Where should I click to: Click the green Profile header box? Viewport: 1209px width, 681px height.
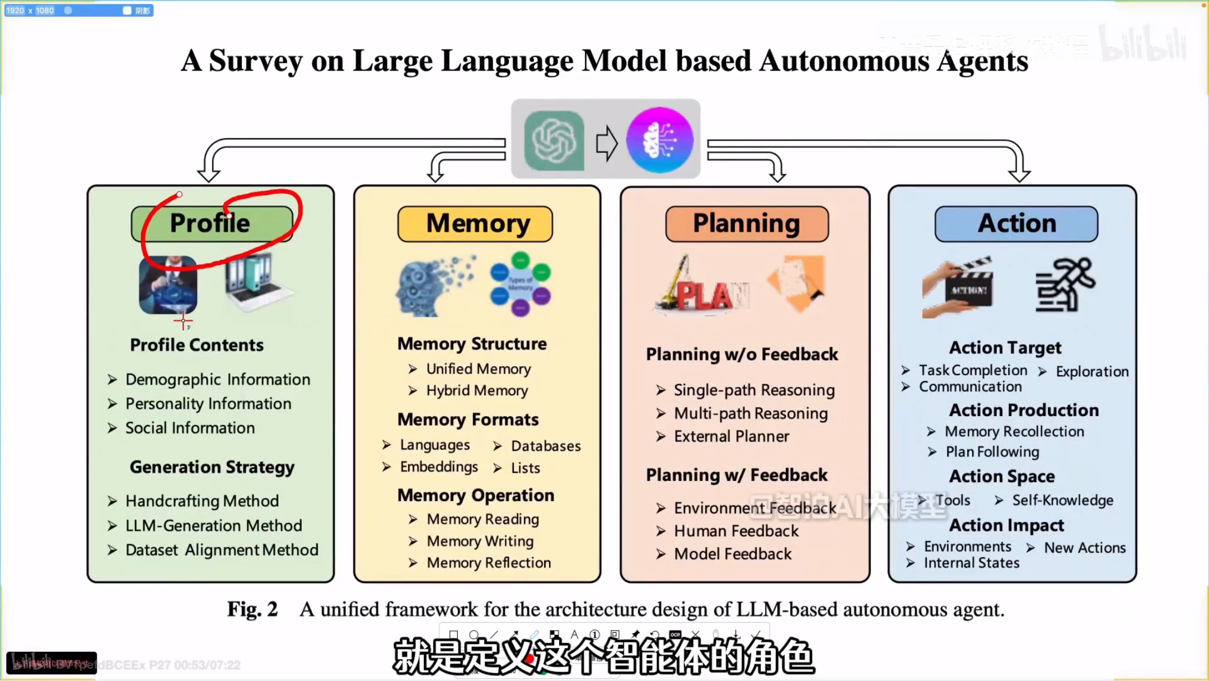(x=212, y=223)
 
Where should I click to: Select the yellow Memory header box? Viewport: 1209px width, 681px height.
(x=475, y=223)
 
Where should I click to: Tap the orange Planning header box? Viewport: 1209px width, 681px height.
(x=747, y=223)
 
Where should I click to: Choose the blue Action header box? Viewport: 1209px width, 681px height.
(x=1016, y=223)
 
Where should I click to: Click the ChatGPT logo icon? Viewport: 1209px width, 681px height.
(x=554, y=140)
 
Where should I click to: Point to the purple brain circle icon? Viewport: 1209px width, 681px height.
(x=659, y=140)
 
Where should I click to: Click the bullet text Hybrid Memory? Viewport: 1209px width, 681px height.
(x=477, y=390)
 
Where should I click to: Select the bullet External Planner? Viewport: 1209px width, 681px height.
(x=731, y=436)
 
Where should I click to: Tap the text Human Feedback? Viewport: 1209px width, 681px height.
(x=736, y=531)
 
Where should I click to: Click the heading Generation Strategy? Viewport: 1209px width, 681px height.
(x=212, y=467)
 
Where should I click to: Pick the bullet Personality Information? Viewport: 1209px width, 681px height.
(x=208, y=404)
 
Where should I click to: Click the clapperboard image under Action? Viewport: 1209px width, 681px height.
(x=958, y=288)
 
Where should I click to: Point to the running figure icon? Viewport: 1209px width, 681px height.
(x=1065, y=284)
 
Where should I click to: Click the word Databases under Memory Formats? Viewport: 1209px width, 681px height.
(x=546, y=446)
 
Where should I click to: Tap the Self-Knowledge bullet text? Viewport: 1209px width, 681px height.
(x=1062, y=500)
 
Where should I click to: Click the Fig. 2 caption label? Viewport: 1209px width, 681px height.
(x=252, y=609)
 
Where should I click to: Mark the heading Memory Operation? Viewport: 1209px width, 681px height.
(x=476, y=495)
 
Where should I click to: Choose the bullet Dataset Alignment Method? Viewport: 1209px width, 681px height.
(x=222, y=550)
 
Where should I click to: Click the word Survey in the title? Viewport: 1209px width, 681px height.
(x=256, y=60)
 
